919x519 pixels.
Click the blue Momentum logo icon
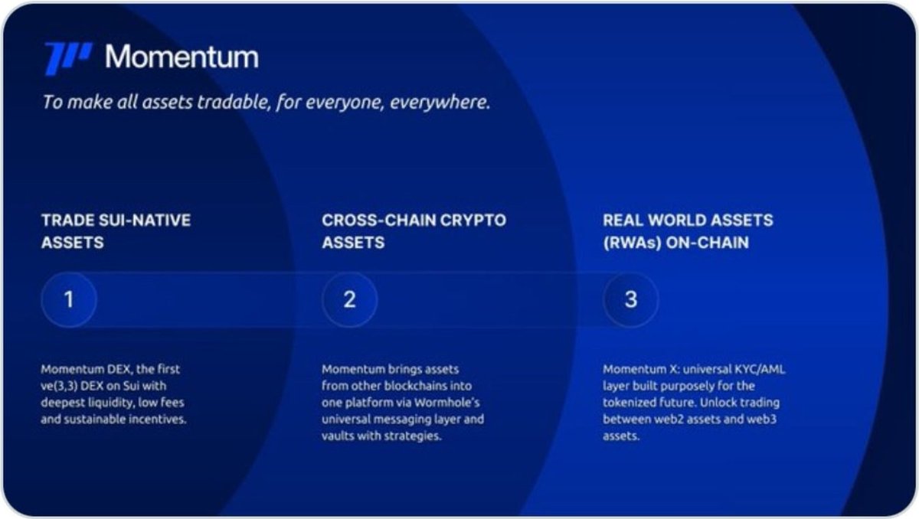click(x=68, y=58)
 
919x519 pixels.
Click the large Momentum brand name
click(x=182, y=57)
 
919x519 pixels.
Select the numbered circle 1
click(x=69, y=299)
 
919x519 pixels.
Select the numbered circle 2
click(x=349, y=299)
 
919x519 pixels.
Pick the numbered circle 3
click(x=630, y=299)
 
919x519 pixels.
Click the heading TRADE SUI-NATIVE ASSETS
click(x=116, y=231)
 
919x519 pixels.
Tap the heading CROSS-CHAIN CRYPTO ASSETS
click(x=414, y=231)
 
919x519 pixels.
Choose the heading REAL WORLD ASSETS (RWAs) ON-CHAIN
click(x=688, y=231)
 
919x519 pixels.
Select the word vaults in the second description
click(x=340, y=436)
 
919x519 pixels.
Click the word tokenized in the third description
click(x=630, y=403)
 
